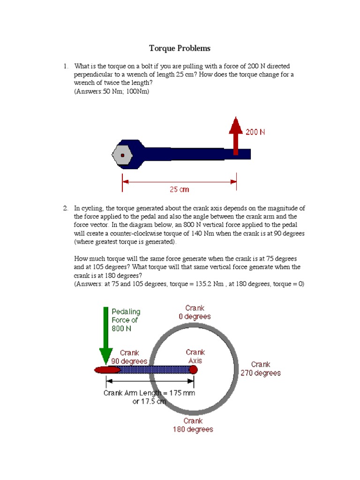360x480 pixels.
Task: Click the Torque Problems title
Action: click(x=180, y=48)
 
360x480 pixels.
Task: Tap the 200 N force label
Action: click(x=255, y=132)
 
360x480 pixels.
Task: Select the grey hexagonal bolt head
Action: click(x=122, y=155)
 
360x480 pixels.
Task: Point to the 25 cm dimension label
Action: click(x=179, y=189)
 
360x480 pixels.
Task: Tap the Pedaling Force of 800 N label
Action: click(x=126, y=320)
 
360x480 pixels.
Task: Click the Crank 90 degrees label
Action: click(x=129, y=357)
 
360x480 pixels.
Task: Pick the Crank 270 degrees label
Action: click(x=261, y=368)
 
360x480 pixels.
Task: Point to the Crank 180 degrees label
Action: click(x=193, y=425)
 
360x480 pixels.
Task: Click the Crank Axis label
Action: click(x=195, y=356)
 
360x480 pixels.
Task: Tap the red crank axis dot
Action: click(x=193, y=370)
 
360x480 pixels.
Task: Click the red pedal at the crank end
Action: click(x=106, y=370)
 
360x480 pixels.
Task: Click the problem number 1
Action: click(x=66, y=66)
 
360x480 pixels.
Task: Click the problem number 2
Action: click(x=66, y=208)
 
